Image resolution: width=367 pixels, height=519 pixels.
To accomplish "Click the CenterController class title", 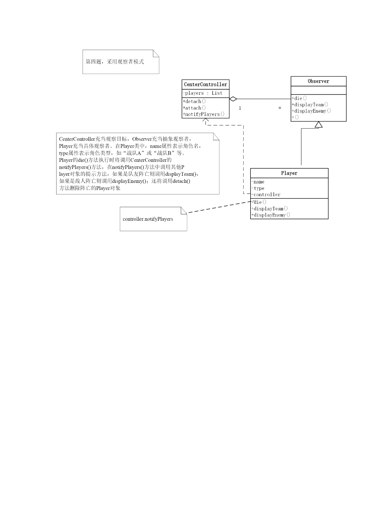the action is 206,84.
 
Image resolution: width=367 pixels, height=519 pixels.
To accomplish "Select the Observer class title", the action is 319,81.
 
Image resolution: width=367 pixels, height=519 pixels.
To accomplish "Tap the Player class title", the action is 289,173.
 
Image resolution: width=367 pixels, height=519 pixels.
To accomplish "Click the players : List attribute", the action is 202,93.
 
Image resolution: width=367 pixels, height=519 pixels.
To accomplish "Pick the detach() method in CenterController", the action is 194,101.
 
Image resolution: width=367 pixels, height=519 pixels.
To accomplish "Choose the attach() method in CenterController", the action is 194,108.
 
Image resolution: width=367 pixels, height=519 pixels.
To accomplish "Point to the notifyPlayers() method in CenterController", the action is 204,114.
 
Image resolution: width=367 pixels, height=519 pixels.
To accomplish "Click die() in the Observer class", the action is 299,98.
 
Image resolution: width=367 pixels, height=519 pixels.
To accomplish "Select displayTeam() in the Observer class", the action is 310,104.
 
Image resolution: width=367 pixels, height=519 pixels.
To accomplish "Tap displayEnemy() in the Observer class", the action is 311,111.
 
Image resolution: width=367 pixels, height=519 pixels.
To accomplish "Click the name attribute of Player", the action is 258,182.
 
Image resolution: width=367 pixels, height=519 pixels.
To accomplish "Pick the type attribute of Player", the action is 258,188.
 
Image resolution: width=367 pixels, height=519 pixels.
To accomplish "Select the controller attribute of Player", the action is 266,194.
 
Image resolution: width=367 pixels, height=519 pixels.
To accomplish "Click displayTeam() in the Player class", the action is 270,209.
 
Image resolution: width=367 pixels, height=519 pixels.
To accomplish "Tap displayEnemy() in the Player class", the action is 271,215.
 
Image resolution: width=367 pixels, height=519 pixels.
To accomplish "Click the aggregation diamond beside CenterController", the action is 233,99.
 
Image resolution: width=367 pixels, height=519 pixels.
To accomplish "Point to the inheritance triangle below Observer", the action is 319,125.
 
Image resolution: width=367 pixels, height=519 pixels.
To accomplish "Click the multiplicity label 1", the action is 240,108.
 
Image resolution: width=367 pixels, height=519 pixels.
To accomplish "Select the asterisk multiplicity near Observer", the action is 280,108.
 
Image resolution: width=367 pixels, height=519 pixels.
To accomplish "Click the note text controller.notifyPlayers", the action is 148,219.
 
